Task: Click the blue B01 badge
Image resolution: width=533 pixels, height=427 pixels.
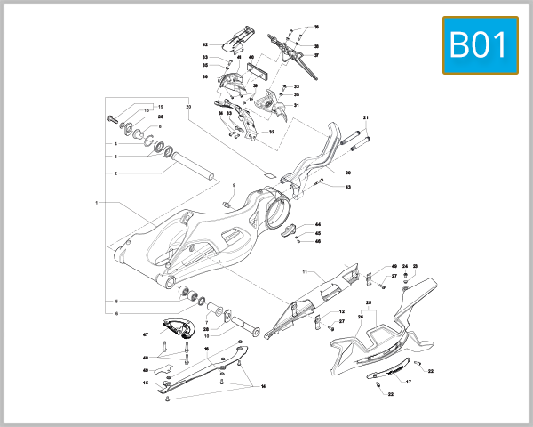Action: click(480, 45)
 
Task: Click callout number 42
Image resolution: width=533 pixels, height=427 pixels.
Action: click(204, 44)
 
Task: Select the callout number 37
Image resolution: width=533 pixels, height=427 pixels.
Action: click(315, 55)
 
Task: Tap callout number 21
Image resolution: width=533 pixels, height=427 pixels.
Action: click(365, 117)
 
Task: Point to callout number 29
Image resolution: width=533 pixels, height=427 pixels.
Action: click(348, 173)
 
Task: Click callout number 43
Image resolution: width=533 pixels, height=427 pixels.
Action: click(348, 187)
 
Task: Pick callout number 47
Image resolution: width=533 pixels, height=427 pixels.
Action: click(145, 334)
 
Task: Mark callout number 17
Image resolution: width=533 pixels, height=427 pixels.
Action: click(409, 382)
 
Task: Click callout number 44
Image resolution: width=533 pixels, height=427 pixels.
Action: click(318, 224)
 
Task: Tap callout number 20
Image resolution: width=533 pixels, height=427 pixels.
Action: click(188, 106)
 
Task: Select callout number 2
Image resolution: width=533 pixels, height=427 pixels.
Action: click(115, 173)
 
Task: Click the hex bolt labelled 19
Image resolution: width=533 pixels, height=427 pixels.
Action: click(113, 119)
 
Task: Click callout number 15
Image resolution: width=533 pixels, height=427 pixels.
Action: click(145, 383)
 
